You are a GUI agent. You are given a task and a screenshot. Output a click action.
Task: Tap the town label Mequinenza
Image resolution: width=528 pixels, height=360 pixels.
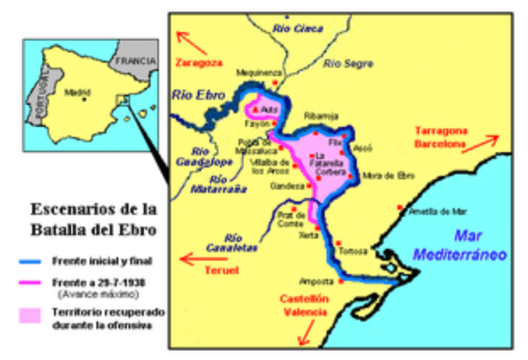point(253,72)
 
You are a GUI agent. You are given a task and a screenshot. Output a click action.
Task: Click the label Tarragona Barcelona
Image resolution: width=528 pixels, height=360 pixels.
point(442,136)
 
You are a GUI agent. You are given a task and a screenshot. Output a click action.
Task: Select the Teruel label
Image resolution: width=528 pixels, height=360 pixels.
point(221,271)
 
